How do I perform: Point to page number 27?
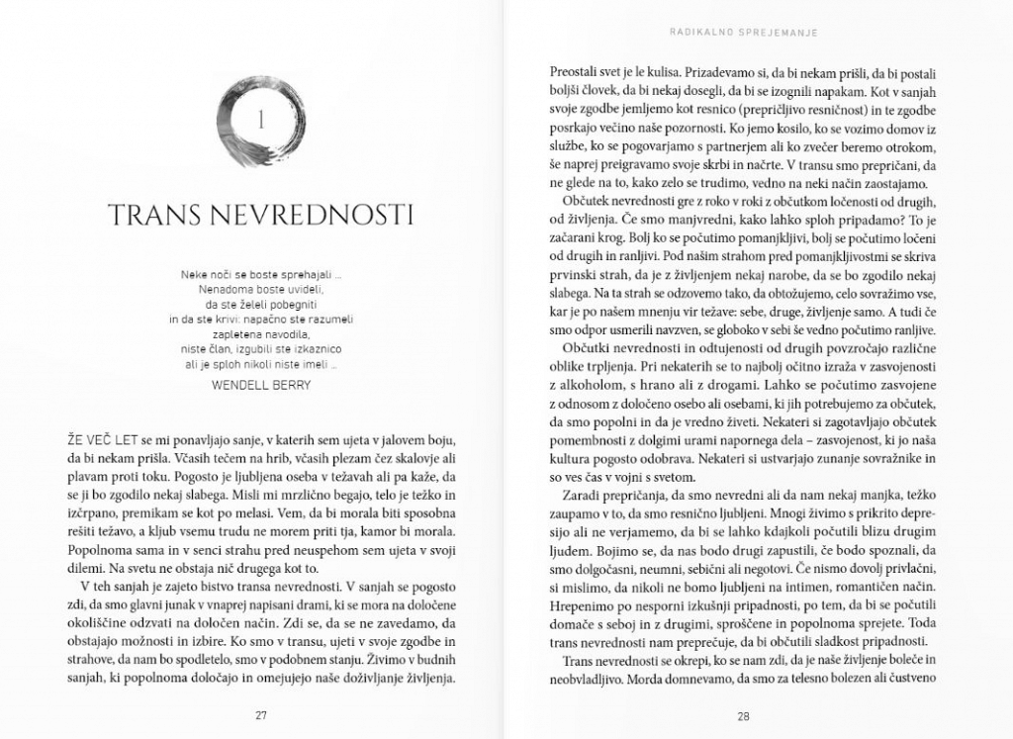click(x=261, y=715)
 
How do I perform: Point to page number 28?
click(x=744, y=715)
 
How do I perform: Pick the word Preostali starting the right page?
click(x=579, y=73)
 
